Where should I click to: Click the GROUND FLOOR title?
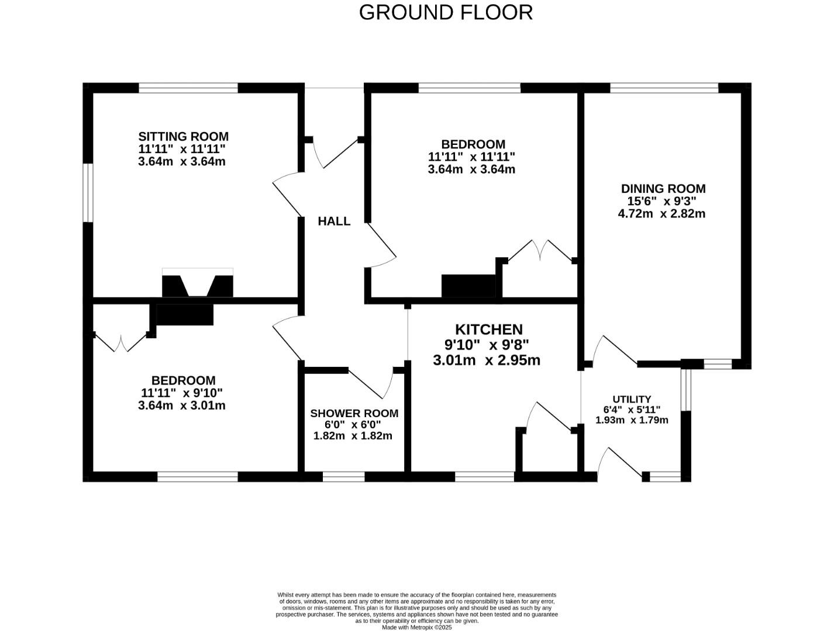click(446, 12)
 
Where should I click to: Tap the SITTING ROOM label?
click(183, 137)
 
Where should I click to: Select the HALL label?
click(334, 221)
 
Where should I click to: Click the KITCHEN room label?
click(488, 330)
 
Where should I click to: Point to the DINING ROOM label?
click(663, 189)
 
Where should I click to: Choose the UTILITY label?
click(632, 399)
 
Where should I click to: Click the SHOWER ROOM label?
click(354, 413)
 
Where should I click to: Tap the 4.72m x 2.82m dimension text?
click(661, 214)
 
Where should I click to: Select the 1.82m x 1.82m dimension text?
click(353, 436)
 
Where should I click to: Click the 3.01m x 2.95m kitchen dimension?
click(487, 360)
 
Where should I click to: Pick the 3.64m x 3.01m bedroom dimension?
click(182, 405)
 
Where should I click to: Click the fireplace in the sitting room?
click(198, 284)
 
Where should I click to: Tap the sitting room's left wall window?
click(88, 193)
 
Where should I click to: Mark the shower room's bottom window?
click(344, 477)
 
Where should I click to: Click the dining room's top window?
click(664, 88)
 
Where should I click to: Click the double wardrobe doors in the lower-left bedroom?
click(120, 343)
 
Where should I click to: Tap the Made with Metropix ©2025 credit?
click(416, 627)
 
